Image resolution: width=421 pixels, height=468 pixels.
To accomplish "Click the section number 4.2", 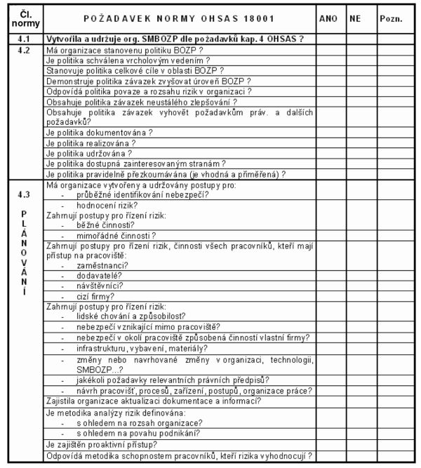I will pos(22,51).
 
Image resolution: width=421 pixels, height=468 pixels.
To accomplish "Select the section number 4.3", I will pos(22,194).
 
